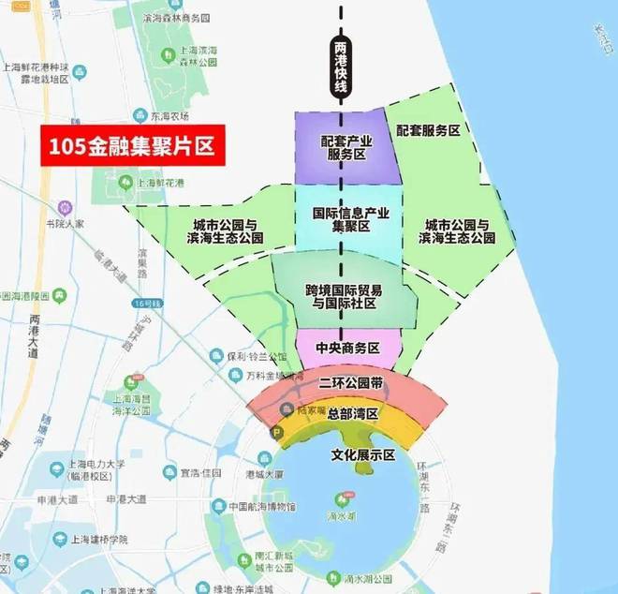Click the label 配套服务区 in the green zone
pos(427,131)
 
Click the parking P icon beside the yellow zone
pos(275,433)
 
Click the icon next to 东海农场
pos(140,115)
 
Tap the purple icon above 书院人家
pos(64,206)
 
